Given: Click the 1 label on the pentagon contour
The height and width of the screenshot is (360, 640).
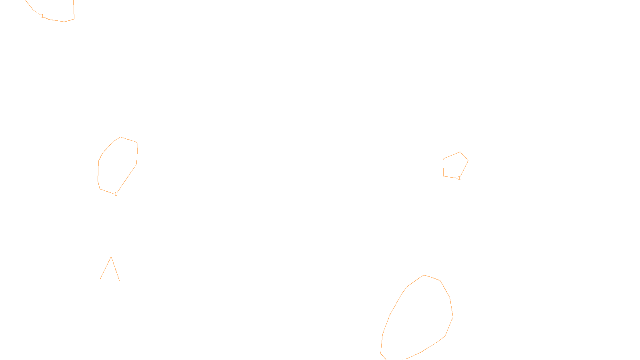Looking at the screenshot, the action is (459, 178).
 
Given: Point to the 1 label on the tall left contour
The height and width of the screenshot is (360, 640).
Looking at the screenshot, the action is (116, 194).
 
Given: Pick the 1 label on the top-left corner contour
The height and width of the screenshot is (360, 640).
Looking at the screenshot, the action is (42, 16).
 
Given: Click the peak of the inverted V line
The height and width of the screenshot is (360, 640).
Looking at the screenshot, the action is (111, 256).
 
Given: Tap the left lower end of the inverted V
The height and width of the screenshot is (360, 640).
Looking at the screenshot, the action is (100, 279).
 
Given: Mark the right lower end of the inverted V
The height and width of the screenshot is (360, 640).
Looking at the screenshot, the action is (119, 280).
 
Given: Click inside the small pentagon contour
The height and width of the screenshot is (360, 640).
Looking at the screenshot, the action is (455, 165).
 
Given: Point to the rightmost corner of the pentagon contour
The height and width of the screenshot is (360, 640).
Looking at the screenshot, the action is (468, 161).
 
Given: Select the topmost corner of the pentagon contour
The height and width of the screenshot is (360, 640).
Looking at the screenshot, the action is (460, 152).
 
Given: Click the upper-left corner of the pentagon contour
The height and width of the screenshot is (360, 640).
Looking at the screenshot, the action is (443, 159).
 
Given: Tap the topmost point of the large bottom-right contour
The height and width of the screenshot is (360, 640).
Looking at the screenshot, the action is (424, 275).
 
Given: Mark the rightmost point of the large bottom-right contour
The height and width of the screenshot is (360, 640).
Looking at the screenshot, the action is (453, 317).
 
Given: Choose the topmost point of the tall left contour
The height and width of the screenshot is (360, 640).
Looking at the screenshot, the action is (120, 137).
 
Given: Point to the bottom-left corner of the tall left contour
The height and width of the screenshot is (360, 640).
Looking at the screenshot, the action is (100, 189).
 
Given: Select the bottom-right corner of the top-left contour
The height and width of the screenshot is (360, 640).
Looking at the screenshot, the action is (74, 18).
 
